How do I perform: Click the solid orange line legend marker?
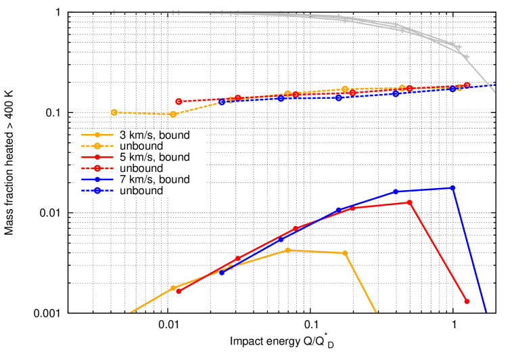pos(97,135)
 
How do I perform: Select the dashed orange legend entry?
pos(97,145)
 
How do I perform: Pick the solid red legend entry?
pos(97,157)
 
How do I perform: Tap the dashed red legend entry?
pos(97,168)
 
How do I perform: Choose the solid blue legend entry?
pos(97,179)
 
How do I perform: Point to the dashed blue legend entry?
pos(97,191)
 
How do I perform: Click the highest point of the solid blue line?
pos(452,188)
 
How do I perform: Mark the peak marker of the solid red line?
pos(409,202)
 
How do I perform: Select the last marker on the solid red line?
pos(467,301)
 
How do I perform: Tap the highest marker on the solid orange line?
pos(287,250)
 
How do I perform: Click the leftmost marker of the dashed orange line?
pos(114,112)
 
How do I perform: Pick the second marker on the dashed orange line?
pos(173,114)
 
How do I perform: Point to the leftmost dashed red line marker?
pos(179,102)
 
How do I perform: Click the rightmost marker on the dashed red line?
pos(467,85)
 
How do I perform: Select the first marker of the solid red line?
pos(179,291)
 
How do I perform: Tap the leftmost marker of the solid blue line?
pos(222,273)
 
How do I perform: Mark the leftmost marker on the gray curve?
pos(114,12)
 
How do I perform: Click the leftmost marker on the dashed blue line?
pos(222,102)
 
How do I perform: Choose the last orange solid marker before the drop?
pos(345,253)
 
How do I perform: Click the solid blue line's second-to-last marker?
pos(396,192)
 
